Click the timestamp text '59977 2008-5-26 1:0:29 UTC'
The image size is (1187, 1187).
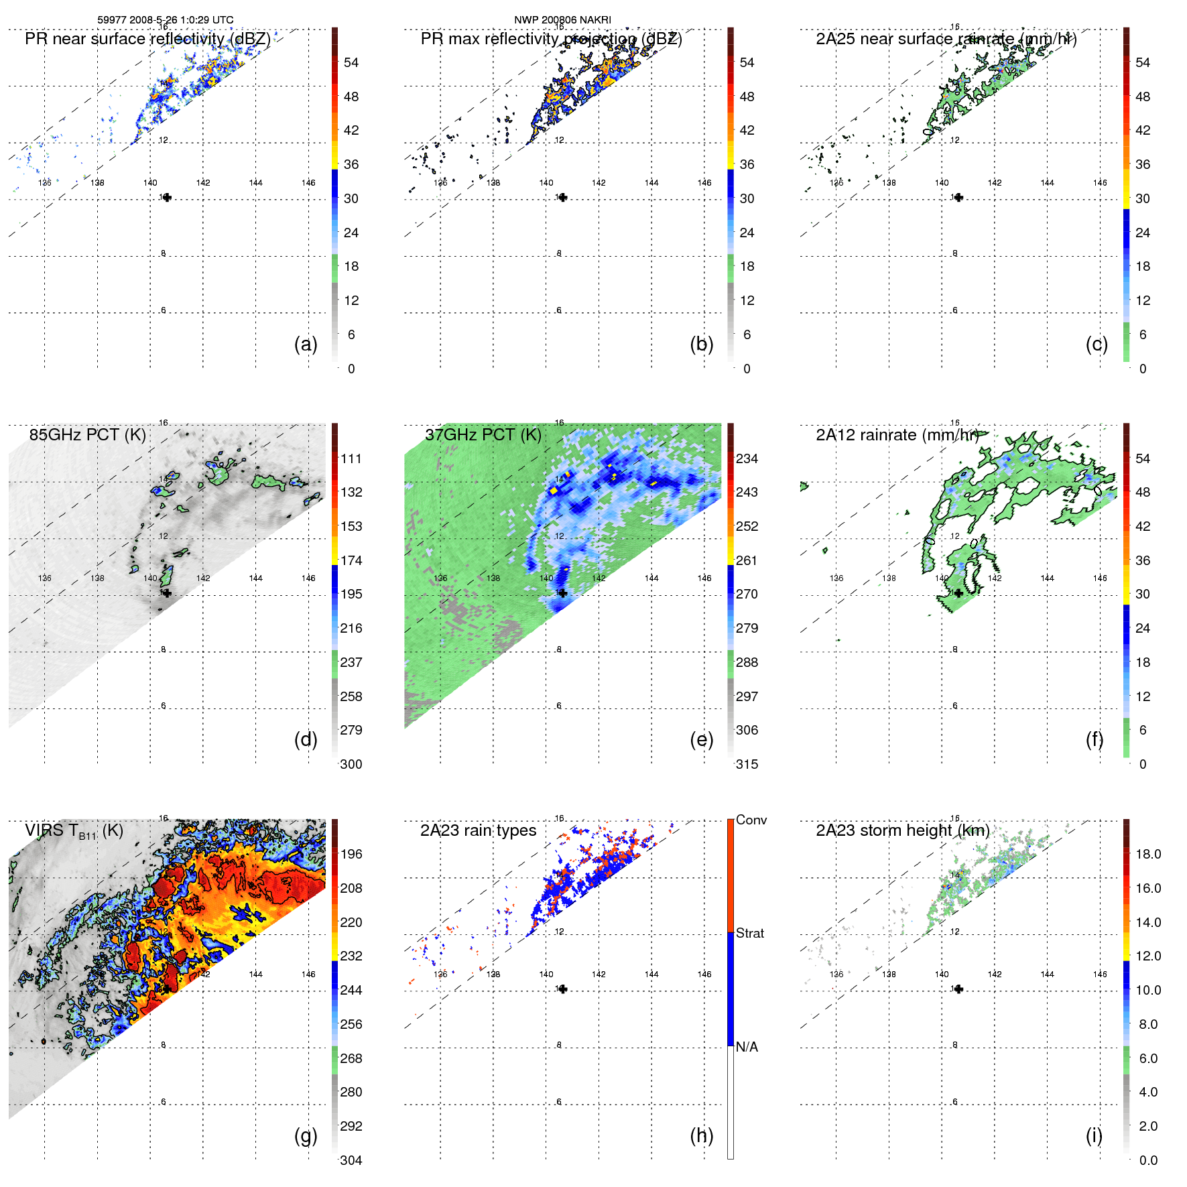coord(166,20)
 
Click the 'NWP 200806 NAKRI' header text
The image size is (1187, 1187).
coord(562,20)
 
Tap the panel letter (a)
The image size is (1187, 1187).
coord(306,344)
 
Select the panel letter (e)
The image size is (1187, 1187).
coord(701,739)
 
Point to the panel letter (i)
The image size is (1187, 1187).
coord(1094,1135)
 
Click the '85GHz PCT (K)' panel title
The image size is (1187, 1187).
coord(87,434)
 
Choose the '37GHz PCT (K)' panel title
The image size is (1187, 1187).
coord(483,434)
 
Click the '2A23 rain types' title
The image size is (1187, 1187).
coord(478,830)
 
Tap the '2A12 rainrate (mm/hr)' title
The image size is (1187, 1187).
coord(897,434)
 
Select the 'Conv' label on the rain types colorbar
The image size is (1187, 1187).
coord(751,820)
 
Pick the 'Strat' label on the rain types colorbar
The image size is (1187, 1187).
coord(749,933)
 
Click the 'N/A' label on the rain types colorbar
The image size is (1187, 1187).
coord(747,1047)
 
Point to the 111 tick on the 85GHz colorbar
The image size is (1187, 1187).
coord(351,458)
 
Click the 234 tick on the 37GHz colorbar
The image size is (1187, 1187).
coord(747,458)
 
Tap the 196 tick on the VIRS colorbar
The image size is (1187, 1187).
coord(351,854)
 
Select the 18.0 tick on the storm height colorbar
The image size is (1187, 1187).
coord(1148,854)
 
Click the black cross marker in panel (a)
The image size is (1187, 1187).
coord(167,197)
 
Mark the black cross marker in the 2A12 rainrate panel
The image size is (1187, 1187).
coord(958,593)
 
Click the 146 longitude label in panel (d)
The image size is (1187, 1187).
coord(308,578)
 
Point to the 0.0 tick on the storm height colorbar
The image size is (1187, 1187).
coord(1148,1160)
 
